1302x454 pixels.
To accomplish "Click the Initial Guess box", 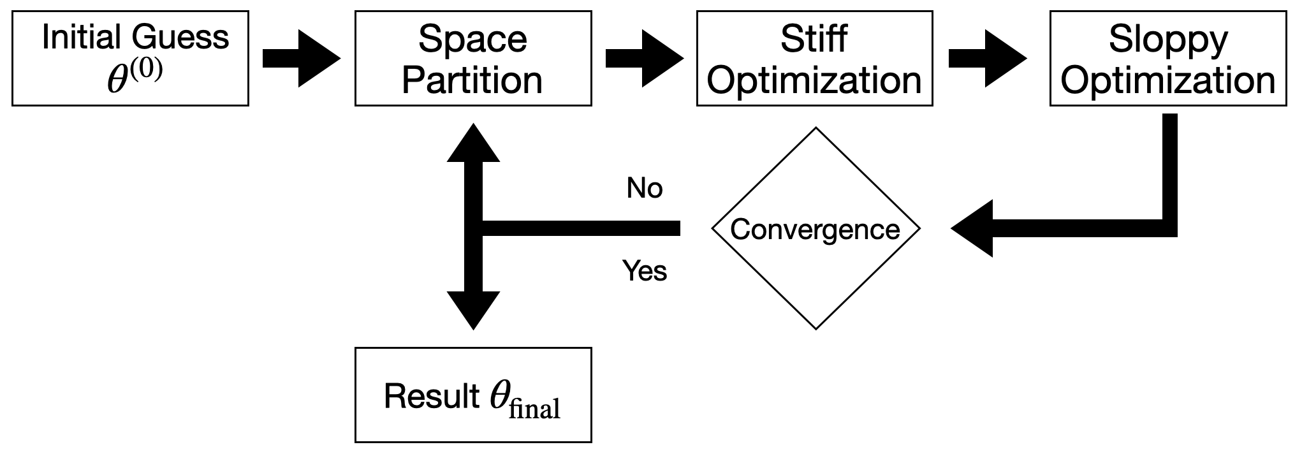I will [x=130, y=58].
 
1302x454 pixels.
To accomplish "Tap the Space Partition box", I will [x=472, y=58].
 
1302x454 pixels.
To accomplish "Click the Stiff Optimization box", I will [x=814, y=58].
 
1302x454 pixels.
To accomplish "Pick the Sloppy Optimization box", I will [x=1167, y=58].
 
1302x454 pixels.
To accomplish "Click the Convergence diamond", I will [x=816, y=228].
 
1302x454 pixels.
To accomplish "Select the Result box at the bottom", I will [x=472, y=395].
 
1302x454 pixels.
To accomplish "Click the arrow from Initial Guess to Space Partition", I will [x=302, y=59].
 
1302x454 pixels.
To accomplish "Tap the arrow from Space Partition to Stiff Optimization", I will [x=644, y=59].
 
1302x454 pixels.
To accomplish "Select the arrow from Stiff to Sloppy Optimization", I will [x=987, y=59].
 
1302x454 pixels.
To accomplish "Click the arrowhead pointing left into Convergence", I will [x=972, y=228].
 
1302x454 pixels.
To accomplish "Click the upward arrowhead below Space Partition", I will [x=473, y=143].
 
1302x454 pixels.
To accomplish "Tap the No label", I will [x=645, y=189].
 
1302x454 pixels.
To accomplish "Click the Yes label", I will [x=645, y=271].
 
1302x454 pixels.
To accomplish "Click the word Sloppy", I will [x=1167, y=40].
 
